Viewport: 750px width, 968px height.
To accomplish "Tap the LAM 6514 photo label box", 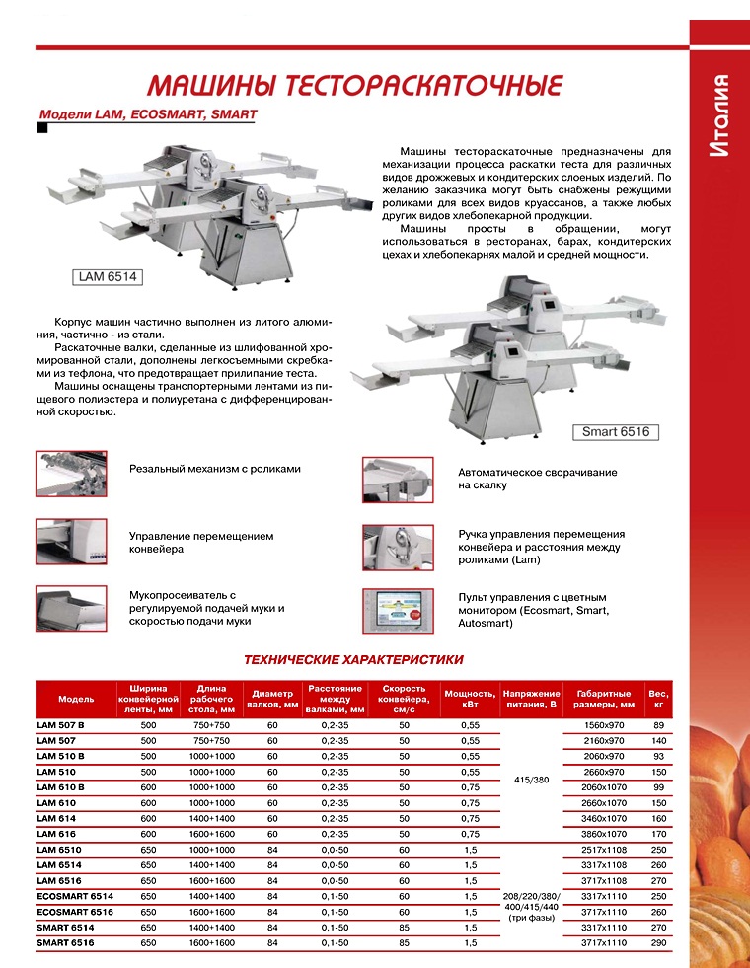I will pos(107,277).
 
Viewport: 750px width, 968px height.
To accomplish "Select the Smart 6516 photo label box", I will pos(615,432).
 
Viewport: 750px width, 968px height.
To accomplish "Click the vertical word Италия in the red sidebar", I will pos(719,114).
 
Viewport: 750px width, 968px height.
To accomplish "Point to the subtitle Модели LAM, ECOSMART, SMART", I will pos(147,114).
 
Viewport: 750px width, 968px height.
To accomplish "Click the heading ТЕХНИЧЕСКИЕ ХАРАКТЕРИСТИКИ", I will pos(352,659).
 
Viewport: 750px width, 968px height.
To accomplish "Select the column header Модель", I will pos(76,699).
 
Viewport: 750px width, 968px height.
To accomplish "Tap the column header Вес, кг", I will pos(657,699).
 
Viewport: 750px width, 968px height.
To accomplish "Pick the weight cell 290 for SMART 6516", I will pos(657,942).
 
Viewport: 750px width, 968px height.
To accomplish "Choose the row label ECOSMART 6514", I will pos(74,896).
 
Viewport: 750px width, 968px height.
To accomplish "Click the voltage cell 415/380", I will pos(531,780).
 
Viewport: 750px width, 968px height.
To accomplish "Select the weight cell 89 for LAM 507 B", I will pos(657,725).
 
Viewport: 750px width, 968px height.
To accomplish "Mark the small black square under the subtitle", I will pos(41,127).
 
